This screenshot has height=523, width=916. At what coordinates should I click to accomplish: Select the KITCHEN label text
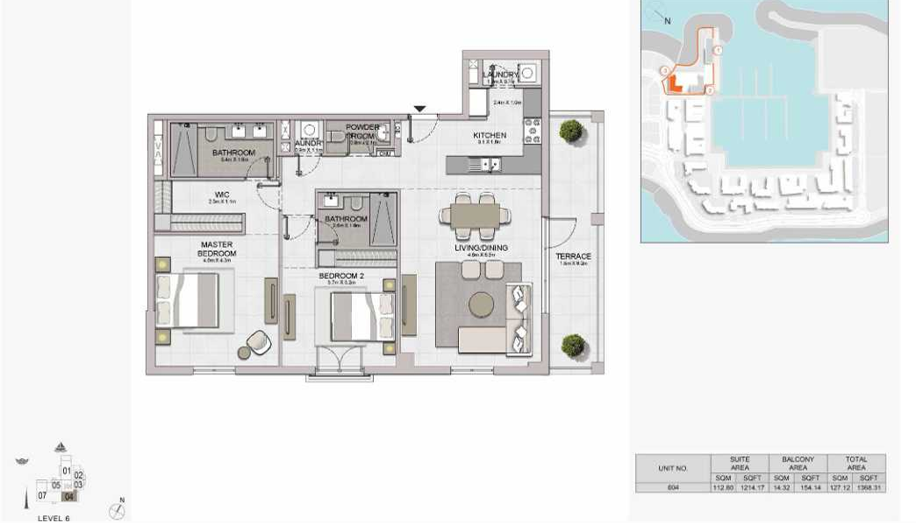tap(489, 136)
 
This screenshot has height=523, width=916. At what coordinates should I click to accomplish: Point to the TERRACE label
tap(573, 256)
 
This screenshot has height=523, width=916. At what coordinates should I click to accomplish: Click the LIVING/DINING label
tap(477, 248)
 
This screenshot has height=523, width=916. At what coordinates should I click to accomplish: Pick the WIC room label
tap(222, 196)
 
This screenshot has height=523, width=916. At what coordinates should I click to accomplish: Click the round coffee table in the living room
tap(481, 304)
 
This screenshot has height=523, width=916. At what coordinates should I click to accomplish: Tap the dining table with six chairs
tap(475, 215)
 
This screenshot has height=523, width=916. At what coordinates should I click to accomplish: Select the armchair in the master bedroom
tap(258, 342)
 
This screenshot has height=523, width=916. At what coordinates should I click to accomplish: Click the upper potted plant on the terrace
tap(571, 132)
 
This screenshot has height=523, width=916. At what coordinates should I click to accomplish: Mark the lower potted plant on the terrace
tap(573, 346)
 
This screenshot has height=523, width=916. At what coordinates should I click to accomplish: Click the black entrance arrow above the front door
tap(420, 109)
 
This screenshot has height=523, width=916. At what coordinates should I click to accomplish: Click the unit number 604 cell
tap(673, 487)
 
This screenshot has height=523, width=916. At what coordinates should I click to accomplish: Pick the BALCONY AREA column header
tap(798, 463)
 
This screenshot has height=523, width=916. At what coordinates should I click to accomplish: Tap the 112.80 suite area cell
tap(721, 487)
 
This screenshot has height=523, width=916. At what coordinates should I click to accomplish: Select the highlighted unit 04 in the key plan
tap(70, 496)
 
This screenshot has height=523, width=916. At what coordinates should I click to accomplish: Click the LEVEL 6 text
tap(54, 518)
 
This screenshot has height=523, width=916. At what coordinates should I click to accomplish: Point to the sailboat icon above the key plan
tap(60, 448)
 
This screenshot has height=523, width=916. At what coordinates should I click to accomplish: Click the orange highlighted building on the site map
tap(673, 84)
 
